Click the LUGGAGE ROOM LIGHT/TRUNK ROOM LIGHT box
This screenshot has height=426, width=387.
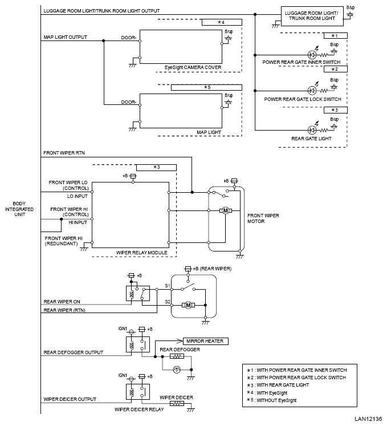312,16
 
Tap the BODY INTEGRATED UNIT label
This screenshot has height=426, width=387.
19,209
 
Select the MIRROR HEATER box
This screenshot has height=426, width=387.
206,341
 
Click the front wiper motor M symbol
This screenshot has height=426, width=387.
226,210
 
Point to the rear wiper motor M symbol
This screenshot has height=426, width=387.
188,305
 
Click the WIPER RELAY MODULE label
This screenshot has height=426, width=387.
142,253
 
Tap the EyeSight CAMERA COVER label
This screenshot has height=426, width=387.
193,67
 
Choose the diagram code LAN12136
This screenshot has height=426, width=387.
368,419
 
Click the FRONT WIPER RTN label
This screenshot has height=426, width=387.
64,153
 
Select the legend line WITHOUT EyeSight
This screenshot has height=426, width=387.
272,400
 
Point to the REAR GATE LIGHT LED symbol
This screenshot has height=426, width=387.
312,130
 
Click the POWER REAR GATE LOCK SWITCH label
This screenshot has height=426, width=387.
303,99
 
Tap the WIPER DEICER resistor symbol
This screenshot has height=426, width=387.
177,403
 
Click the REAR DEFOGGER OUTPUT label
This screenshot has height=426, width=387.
74,352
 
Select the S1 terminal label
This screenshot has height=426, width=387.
168,286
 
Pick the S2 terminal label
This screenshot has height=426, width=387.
168,302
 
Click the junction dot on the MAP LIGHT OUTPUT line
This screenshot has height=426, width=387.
104,40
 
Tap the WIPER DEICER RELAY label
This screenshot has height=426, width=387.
139,409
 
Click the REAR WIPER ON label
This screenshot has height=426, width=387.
62,302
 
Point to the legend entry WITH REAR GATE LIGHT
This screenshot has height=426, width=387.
278,385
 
